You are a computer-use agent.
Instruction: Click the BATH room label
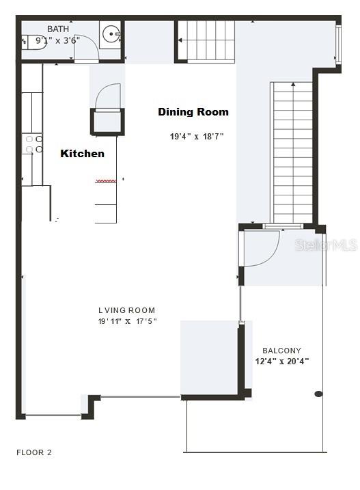(x=58, y=29)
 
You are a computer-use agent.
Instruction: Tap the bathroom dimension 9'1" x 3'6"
(x=58, y=40)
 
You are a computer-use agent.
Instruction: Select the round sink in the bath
(x=111, y=33)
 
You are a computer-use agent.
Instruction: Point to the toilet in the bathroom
(x=33, y=42)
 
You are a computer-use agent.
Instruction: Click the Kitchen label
(x=82, y=154)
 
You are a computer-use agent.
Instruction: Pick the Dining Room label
(x=193, y=112)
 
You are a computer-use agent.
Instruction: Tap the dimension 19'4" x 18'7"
(x=197, y=137)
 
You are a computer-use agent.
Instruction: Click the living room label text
(x=126, y=310)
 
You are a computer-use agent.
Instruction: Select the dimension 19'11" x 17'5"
(x=128, y=321)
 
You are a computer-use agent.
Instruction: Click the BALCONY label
(x=281, y=351)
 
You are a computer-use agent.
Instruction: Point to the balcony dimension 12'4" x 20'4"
(x=282, y=362)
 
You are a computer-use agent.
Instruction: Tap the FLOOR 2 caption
(x=34, y=452)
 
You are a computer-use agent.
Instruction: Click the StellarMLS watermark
(x=326, y=245)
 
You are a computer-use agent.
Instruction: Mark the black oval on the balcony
(x=318, y=394)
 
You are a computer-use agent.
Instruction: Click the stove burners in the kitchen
(x=34, y=144)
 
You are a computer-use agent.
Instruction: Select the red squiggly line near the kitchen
(x=106, y=180)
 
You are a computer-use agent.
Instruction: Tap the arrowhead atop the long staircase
(x=293, y=84)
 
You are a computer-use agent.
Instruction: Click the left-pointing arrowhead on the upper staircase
(x=180, y=40)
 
